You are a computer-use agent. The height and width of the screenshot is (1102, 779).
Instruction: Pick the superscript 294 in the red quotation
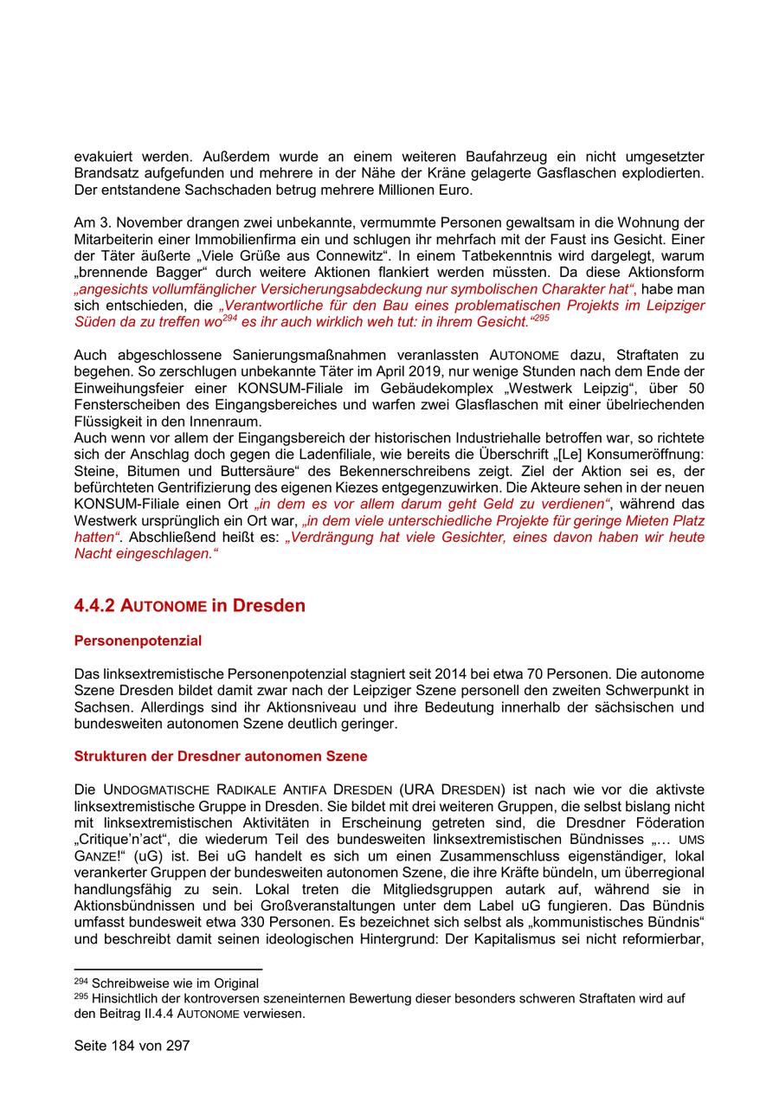click(229, 318)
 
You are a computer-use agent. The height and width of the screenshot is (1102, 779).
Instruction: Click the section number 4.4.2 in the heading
click(94, 605)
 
